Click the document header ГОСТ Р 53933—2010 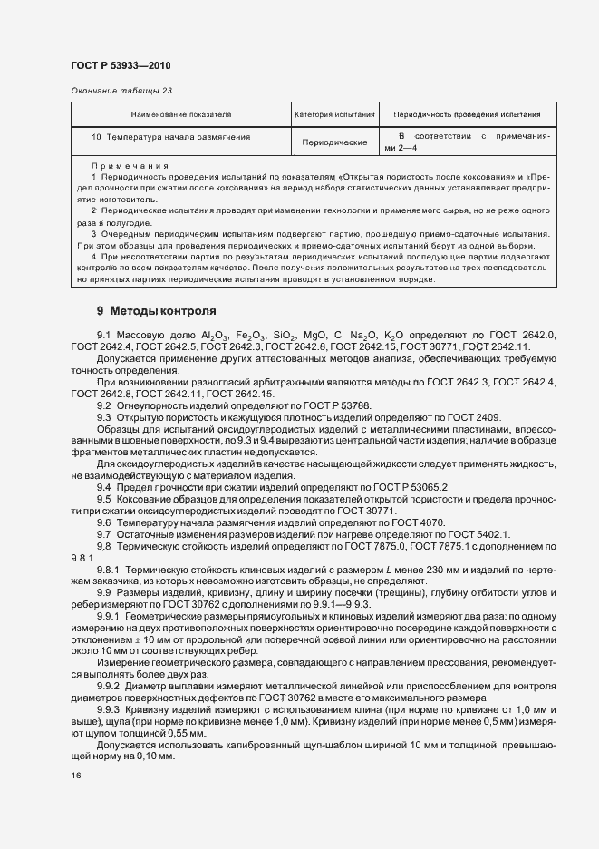pos(120,65)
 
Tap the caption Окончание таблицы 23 pos(121,91)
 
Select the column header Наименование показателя pos(181,115)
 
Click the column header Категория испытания pos(334,115)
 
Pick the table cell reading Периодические pos(334,142)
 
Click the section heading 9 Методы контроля pos(157,310)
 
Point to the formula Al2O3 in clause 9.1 pos(216,336)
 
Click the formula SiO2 pos(304,336)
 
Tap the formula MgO pos(341,336)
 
